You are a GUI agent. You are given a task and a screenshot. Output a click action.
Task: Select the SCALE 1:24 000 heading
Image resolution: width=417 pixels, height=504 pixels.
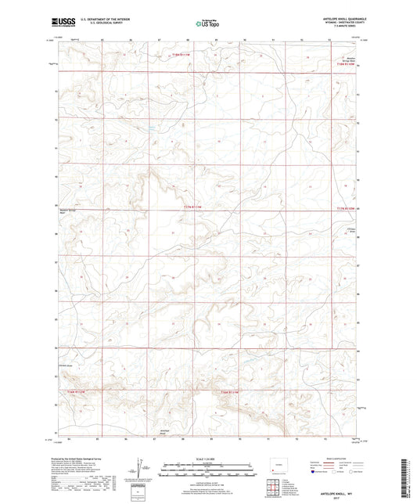207,459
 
